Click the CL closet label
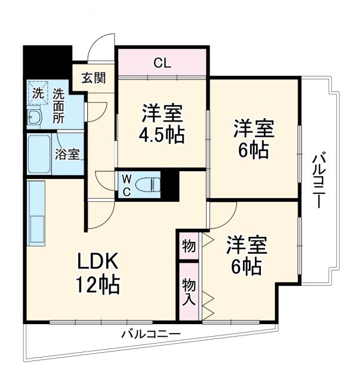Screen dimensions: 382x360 (162, 62)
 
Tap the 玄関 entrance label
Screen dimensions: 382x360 (94, 78)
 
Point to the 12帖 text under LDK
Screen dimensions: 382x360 (98, 285)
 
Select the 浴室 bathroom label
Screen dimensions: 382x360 (66, 154)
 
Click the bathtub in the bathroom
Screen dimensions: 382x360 (39, 154)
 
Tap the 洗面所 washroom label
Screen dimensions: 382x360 (58, 105)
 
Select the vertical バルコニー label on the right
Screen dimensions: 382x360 (319, 179)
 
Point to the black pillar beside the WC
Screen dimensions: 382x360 (170, 185)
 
